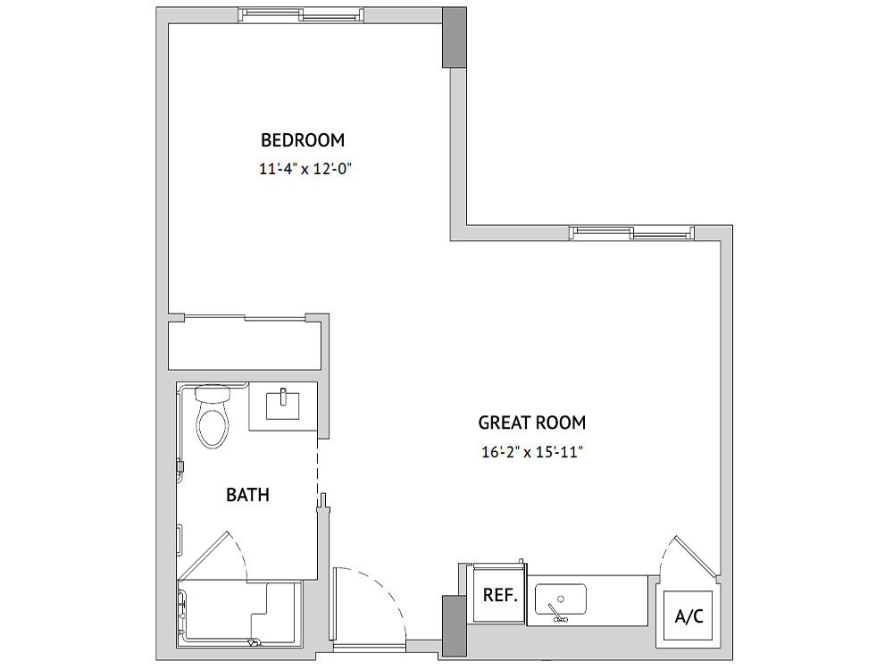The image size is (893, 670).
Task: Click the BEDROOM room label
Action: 303,140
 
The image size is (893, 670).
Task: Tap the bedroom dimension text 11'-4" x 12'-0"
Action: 305,169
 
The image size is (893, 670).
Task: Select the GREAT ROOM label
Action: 532,423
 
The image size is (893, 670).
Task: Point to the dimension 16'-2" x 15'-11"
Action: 532,452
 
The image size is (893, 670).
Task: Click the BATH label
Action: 247,495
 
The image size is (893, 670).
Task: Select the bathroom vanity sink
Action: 283,404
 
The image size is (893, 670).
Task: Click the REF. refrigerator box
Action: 500,595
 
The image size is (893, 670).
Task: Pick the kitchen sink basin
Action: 561,599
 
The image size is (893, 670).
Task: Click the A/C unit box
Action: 689,616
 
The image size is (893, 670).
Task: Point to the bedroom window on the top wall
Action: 301,15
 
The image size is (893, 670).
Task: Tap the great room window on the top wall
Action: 631,232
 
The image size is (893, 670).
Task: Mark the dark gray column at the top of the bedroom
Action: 455,38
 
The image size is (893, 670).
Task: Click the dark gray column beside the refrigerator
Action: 455,625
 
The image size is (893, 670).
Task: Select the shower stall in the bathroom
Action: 239,615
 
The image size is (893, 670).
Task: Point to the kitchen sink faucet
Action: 555,613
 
